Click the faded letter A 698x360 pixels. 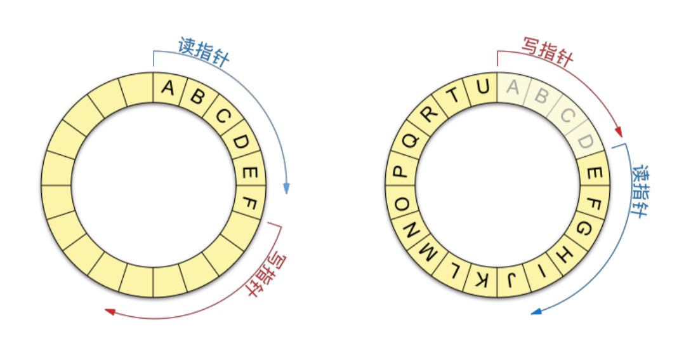point(513,88)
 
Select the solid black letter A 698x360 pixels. point(168,88)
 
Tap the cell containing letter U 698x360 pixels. point(484,88)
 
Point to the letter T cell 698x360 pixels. point(454,97)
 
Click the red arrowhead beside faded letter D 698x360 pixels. point(618,133)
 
